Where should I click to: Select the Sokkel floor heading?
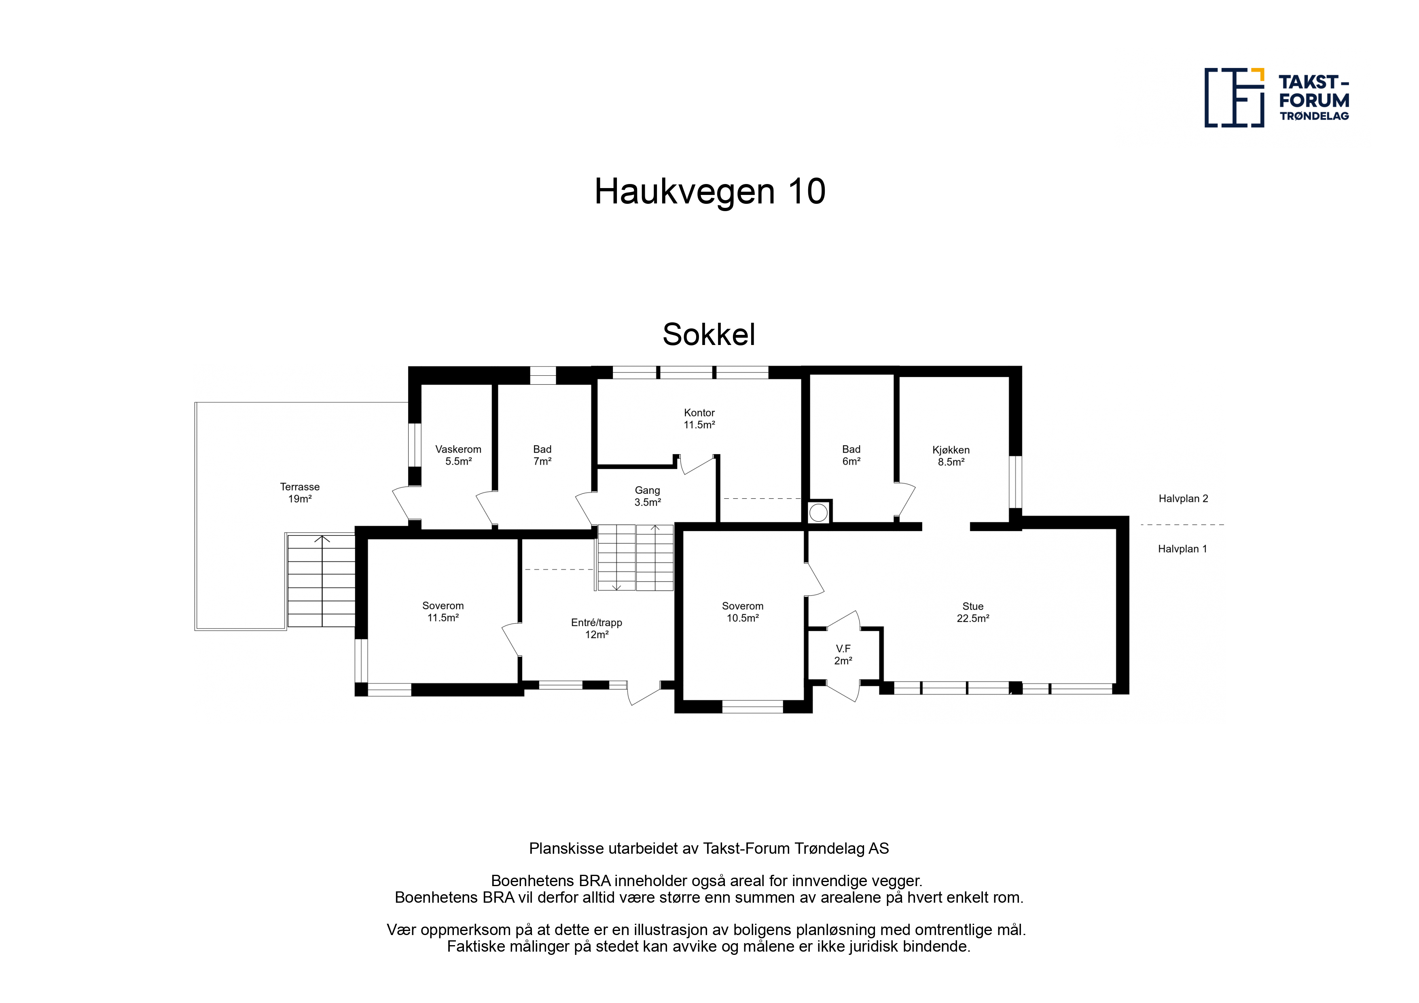pos(709,334)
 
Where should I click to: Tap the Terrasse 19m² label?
pos(300,493)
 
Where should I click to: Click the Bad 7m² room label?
pos(542,455)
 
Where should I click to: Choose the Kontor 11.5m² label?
pos(699,418)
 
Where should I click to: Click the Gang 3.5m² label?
pos(648,496)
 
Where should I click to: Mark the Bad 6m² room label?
pos(851,455)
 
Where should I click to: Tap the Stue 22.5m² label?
pos(973,612)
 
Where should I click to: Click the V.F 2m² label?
pos(843,654)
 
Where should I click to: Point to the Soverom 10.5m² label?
pos(742,612)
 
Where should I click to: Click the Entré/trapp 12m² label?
pos(596,628)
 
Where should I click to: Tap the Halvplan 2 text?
pos(1183,499)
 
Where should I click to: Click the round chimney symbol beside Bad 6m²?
pos(818,512)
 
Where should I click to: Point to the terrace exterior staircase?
pos(321,581)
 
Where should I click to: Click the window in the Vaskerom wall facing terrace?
pos(415,445)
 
